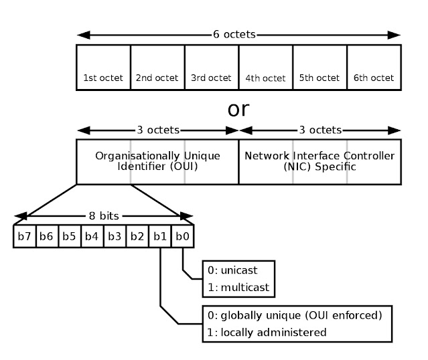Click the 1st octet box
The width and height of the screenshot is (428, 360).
coord(103,67)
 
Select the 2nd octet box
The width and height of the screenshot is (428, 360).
coord(157,67)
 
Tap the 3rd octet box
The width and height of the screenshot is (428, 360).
coord(212,67)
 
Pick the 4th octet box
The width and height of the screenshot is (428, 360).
coord(266,67)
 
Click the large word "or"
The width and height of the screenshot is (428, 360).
coord(238,109)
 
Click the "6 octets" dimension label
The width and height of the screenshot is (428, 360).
coord(238,33)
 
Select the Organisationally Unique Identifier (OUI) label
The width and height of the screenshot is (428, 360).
coord(157,161)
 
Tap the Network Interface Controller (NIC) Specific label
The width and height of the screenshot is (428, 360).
coord(319,161)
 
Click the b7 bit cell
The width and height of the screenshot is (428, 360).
coord(25,236)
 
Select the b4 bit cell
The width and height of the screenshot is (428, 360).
coord(92,236)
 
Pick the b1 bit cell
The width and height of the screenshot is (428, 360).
coord(160,236)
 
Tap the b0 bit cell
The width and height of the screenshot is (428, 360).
coord(182,236)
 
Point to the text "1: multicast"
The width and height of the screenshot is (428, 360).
coord(238,288)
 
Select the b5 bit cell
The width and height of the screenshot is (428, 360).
coord(70,236)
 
